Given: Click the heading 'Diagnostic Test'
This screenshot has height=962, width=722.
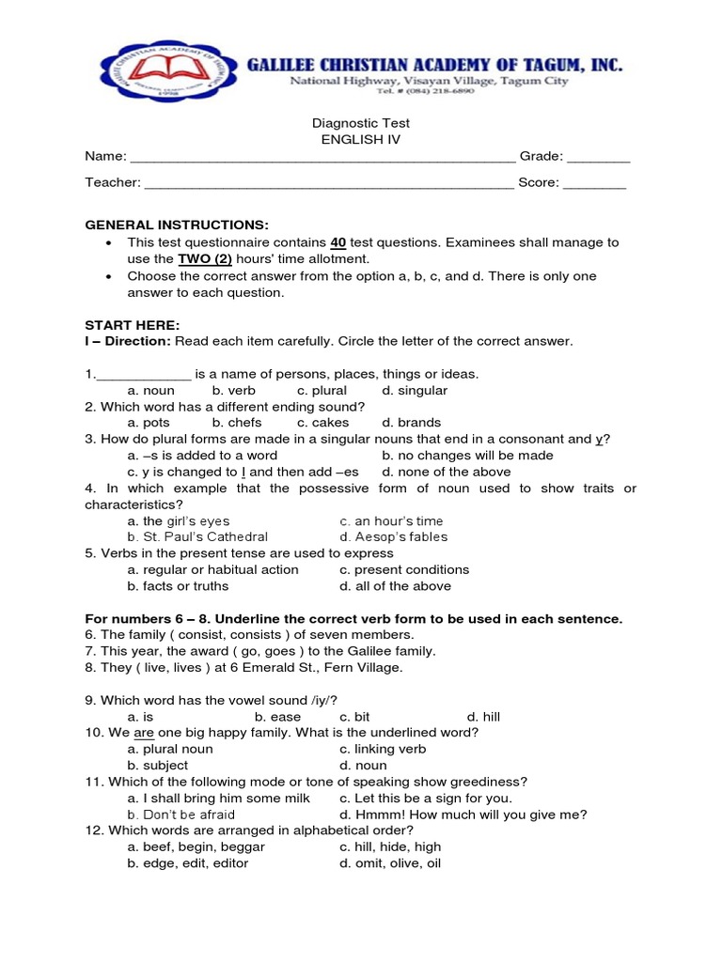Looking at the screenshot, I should pyautogui.click(x=360, y=123).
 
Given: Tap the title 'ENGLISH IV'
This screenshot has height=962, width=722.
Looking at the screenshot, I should pyautogui.click(x=360, y=139).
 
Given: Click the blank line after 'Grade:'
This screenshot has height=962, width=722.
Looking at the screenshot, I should pyautogui.click(x=598, y=156).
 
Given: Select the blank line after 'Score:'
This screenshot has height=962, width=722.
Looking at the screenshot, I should pyautogui.click(x=594, y=183).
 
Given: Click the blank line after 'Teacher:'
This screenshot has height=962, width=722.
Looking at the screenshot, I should pyautogui.click(x=329, y=183).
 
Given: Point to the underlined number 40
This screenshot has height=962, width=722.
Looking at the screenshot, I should pyautogui.click(x=339, y=242).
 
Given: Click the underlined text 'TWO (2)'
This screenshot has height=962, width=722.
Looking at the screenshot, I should pyautogui.click(x=206, y=258).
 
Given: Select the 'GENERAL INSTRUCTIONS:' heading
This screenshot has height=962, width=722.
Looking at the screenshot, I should pyautogui.click(x=177, y=225).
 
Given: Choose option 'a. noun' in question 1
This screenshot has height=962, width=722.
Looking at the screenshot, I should pyautogui.click(x=151, y=390).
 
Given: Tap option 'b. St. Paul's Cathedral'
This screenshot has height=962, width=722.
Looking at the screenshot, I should pyautogui.click(x=191, y=537).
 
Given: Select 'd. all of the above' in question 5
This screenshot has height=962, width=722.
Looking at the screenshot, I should pyautogui.click(x=395, y=586).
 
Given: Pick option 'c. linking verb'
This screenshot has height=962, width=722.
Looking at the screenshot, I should pyautogui.click(x=383, y=749).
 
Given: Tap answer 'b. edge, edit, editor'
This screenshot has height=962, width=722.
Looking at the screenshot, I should pyautogui.click(x=188, y=863).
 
